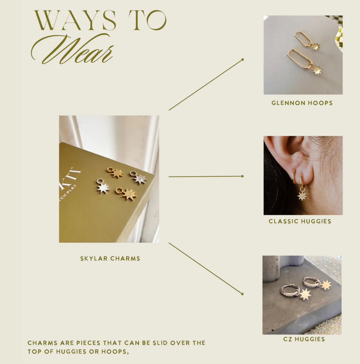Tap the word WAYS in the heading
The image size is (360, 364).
(75, 20)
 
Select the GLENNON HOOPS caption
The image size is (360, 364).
(302, 103)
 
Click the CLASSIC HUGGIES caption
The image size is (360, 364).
(300, 221)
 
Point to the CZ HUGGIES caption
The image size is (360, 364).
(304, 339)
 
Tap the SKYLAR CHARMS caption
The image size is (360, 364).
(110, 258)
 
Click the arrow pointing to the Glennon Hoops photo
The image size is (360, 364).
(206, 84)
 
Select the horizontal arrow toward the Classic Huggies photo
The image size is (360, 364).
(206, 176)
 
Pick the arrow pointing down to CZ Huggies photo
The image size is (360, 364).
(206, 269)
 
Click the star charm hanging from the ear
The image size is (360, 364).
(302, 196)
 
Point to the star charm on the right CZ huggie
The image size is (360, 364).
(326, 285)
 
